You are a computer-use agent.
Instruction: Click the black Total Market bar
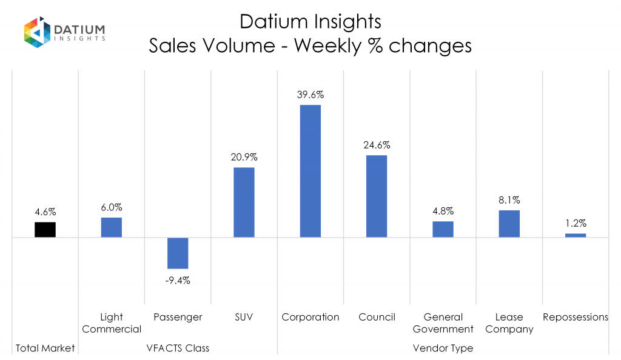[x=45, y=230]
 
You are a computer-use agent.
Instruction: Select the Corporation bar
[x=310, y=171]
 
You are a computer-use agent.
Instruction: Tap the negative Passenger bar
[x=178, y=253]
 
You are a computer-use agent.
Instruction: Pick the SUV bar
[x=244, y=202]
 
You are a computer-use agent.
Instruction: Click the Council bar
[x=377, y=196]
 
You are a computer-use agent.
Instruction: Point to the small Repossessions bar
[x=576, y=235]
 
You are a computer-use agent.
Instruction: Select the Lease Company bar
[x=509, y=224]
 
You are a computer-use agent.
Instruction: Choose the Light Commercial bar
[x=112, y=227]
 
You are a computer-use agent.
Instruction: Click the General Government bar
[x=443, y=229]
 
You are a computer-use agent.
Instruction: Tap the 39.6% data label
[x=310, y=95]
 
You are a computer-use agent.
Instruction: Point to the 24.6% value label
[x=377, y=145]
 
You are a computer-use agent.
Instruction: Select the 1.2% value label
[x=576, y=223]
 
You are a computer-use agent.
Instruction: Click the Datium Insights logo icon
[x=36, y=32]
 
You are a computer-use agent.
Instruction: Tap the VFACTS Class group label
[x=178, y=348]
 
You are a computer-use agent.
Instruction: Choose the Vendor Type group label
[x=443, y=348]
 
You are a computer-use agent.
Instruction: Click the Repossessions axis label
[x=576, y=317]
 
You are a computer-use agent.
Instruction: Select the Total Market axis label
[x=45, y=348]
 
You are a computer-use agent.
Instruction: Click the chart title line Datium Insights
[x=310, y=21]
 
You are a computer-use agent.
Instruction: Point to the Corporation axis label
[x=310, y=317]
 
